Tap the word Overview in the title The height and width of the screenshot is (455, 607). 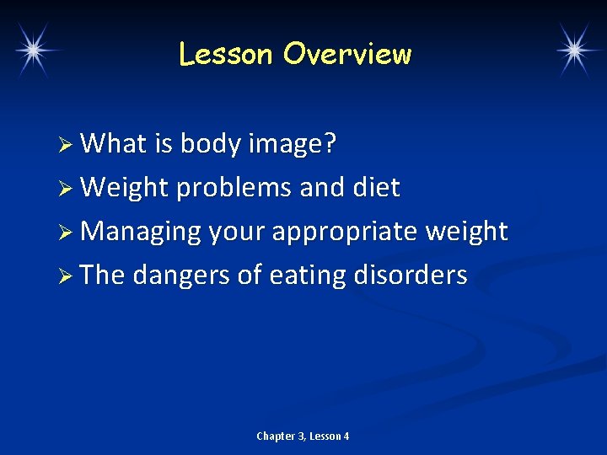click(347, 55)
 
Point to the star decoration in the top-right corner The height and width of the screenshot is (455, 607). click(575, 50)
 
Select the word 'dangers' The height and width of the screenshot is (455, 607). click(188, 275)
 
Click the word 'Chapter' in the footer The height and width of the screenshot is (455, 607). click(275, 436)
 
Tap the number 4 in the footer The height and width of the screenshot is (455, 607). click(346, 436)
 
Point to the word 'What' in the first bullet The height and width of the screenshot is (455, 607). click(115, 145)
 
